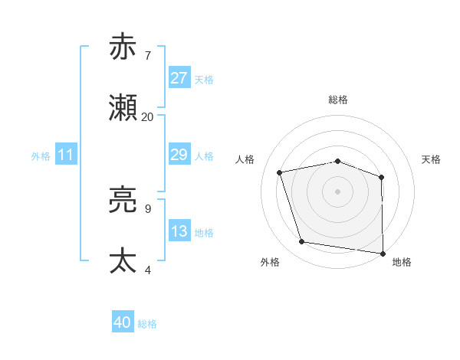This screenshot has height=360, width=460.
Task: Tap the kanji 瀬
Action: pos(124,108)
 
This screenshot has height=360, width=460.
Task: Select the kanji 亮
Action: pos(124,200)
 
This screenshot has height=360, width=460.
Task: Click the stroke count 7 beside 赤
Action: pos(147,56)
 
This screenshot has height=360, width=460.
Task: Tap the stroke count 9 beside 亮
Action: pos(147,208)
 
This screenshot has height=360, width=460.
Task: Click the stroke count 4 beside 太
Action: pos(147,270)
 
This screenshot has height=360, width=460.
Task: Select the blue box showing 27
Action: pos(179,78)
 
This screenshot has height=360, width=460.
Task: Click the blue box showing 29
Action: pos(179,155)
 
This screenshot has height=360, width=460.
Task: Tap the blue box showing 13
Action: pos(179,231)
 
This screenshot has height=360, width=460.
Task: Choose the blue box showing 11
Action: pos(66,155)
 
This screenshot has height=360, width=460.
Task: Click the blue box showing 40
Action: pos(123,322)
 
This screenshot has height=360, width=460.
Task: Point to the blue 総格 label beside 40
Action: pos(147,324)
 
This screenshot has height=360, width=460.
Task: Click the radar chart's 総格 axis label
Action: pos(338,100)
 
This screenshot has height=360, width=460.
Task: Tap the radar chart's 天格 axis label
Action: pos(432,159)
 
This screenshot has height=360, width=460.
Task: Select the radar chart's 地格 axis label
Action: pos(402,263)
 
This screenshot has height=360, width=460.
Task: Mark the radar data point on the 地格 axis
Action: pos(383,253)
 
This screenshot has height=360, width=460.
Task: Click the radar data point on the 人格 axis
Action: pos(280,172)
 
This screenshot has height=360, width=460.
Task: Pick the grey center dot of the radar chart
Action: pos(337,191)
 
